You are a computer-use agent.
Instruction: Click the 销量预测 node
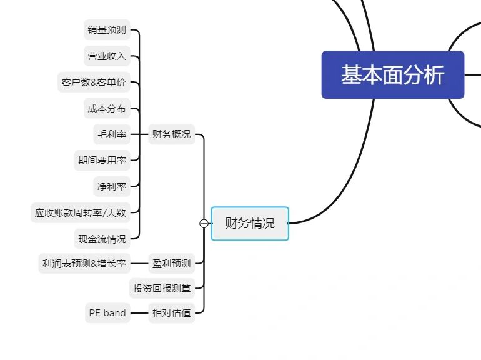click(x=107, y=29)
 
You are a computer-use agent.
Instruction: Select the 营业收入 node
click(x=107, y=56)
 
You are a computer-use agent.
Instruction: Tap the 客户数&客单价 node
click(x=94, y=82)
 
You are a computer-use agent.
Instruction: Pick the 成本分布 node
click(x=107, y=108)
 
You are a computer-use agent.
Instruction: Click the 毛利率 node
click(x=111, y=134)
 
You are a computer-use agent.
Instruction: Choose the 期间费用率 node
click(x=102, y=160)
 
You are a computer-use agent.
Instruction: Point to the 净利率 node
click(x=111, y=186)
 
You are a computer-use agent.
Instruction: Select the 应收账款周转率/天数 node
click(x=81, y=212)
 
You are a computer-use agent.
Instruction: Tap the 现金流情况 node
click(x=102, y=239)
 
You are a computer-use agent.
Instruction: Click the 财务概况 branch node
click(x=171, y=134)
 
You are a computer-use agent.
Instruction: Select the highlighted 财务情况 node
click(x=250, y=223)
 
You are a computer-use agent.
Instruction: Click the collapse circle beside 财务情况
click(x=204, y=224)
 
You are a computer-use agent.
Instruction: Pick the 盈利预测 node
click(x=171, y=263)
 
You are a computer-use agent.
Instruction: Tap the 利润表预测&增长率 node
click(x=84, y=263)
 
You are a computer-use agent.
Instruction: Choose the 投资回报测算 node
click(x=162, y=288)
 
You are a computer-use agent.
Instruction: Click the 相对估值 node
click(x=171, y=313)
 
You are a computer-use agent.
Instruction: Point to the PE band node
click(x=107, y=313)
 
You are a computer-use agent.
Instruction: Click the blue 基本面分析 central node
click(x=392, y=75)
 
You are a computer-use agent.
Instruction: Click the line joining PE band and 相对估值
click(x=139, y=313)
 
